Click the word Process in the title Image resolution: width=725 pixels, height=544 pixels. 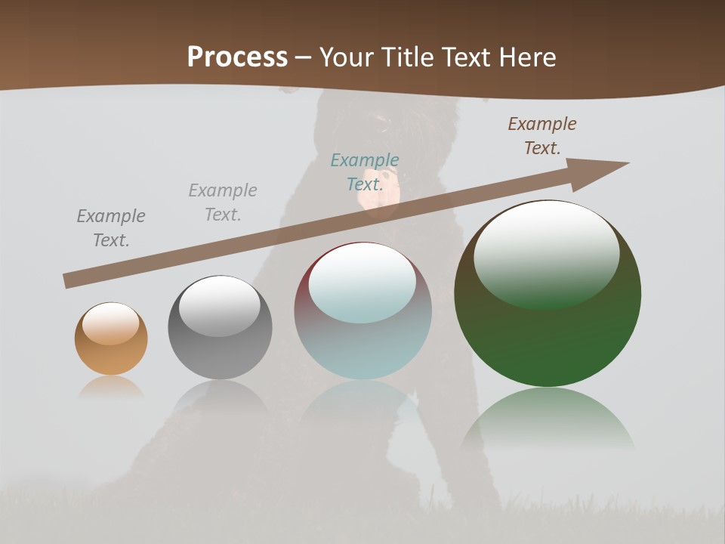pyautogui.click(x=237, y=57)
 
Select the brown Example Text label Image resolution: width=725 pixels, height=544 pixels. pyautogui.click(x=542, y=136)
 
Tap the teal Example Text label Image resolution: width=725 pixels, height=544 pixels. pyautogui.click(x=365, y=172)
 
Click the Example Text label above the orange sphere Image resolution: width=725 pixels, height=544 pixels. pyautogui.click(x=111, y=228)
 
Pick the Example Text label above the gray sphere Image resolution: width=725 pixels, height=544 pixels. pyautogui.click(x=223, y=202)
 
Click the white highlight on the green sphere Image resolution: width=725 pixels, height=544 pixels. pyautogui.click(x=547, y=253)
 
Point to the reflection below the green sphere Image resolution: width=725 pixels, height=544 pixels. pyautogui.click(x=548, y=419)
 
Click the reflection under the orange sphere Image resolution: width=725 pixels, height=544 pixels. pyautogui.click(x=111, y=388)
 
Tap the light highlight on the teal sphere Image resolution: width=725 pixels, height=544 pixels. pyautogui.click(x=362, y=283)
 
